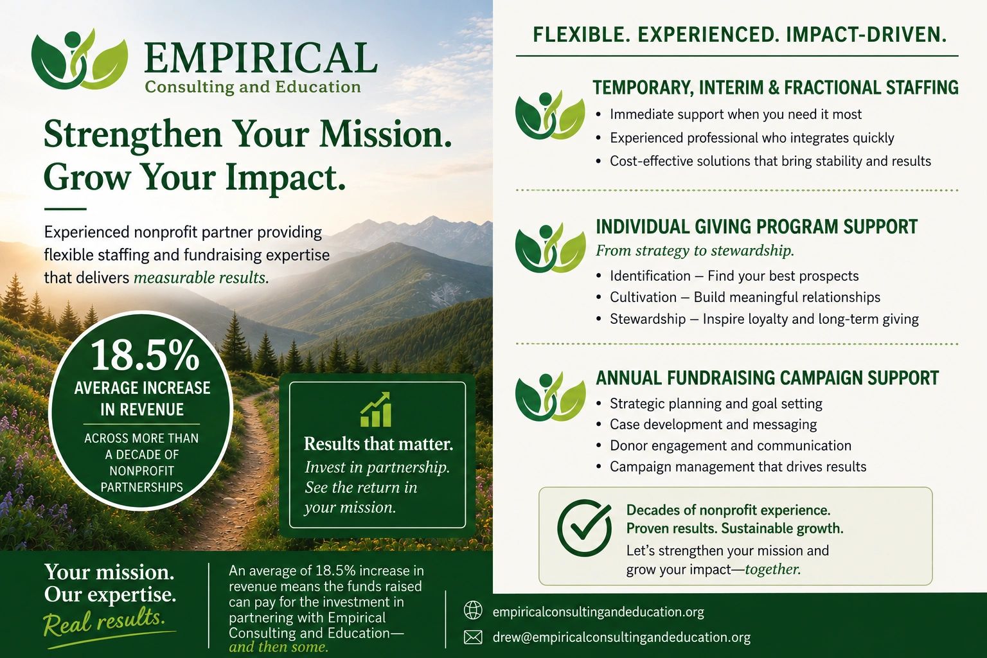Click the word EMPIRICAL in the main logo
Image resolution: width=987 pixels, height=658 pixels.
[260, 58]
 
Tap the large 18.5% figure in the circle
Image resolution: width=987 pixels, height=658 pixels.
[145, 355]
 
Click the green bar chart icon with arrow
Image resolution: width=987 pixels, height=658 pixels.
[376, 409]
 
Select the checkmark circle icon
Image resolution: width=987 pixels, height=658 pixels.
[584, 528]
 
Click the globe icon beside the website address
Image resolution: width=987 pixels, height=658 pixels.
[473, 610]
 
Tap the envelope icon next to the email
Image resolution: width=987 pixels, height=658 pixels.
[473, 637]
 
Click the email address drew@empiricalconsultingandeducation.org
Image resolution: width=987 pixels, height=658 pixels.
[621, 637]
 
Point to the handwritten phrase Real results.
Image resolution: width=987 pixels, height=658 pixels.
[105, 621]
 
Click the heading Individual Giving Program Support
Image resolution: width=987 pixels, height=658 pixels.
[756, 227]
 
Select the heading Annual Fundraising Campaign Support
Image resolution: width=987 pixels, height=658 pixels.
[767, 378]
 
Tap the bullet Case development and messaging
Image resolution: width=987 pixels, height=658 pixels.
[713, 424]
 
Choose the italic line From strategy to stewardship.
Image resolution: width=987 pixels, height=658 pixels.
[695, 251]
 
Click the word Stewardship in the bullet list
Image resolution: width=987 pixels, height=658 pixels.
[648, 319]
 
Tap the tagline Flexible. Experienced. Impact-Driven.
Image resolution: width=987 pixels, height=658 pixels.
[740, 35]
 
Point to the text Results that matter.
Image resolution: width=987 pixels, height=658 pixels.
[378, 444]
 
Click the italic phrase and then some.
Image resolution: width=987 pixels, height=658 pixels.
[278, 646]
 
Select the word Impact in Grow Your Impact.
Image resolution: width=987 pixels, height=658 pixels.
[285, 177]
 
